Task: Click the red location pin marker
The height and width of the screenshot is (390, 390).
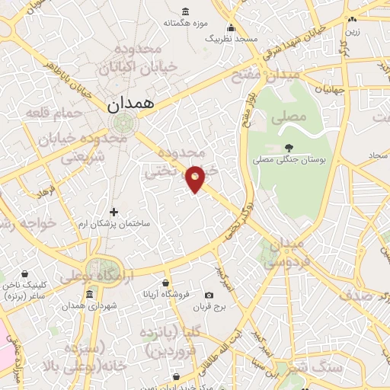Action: coord(196,178)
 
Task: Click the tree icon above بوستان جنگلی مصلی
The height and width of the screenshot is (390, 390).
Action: coord(289,148)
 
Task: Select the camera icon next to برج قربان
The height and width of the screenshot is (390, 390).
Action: coord(209,295)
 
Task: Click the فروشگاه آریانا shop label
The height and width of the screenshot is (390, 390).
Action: coord(162,295)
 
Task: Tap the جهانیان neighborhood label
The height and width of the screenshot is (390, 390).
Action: coord(331,89)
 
